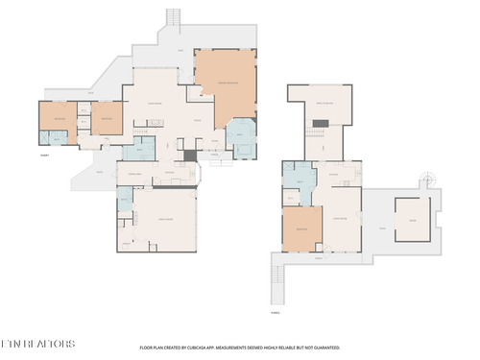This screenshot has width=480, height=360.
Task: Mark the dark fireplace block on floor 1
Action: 190,155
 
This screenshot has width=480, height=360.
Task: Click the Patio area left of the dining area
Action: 97,174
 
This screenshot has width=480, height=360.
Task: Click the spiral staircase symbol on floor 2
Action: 425,179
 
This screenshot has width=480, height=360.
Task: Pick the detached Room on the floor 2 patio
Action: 412,220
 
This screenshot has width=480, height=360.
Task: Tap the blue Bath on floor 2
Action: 300,180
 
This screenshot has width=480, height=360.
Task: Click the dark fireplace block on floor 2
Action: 324,123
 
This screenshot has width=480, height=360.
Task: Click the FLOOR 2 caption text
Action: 275,312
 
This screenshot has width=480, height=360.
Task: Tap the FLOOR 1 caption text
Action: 44,155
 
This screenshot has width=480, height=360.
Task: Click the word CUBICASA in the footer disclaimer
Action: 219,348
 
